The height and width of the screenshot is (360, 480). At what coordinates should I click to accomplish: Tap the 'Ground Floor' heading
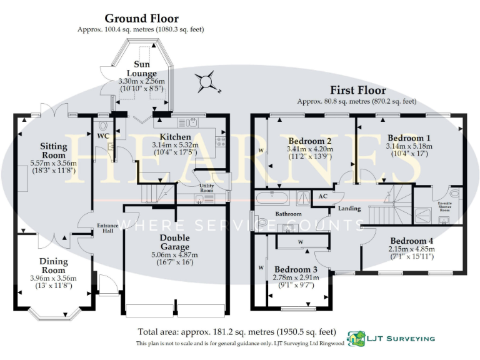pos(141,19)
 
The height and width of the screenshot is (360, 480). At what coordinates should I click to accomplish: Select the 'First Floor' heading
pos(357,91)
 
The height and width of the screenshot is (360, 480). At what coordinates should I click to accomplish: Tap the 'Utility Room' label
pos(207,189)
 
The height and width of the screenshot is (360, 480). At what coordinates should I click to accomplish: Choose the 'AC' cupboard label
pos(323,196)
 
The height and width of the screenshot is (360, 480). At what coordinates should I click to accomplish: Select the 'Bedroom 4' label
pos(411,241)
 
